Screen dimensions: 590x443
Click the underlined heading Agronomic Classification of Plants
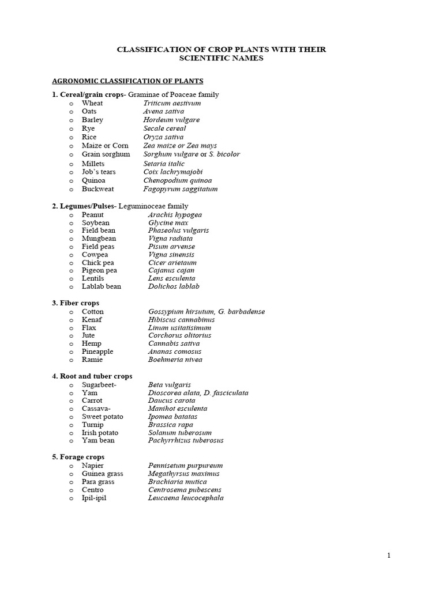point(127,81)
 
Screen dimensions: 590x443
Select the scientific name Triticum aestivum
point(172,103)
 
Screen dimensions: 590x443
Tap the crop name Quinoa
point(93,180)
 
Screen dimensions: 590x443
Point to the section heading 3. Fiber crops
point(76,302)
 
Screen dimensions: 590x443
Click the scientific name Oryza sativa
point(163,137)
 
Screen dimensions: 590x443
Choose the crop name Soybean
point(95,222)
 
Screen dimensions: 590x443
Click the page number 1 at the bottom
point(389,555)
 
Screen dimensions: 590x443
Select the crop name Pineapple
point(97,351)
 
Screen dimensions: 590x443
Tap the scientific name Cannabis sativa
point(174,343)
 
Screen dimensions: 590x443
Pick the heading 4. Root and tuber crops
point(92,376)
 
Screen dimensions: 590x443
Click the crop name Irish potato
point(100,433)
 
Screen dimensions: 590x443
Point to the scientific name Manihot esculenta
point(177,409)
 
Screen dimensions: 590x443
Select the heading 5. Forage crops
point(78,457)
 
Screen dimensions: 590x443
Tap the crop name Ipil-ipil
point(94,498)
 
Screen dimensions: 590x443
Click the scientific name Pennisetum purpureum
point(185,466)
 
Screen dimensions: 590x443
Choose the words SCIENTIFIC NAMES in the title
point(221,59)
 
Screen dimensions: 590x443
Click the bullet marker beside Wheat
point(71,104)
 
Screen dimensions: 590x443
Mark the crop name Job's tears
point(99,172)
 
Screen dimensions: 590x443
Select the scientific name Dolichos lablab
point(174,286)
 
